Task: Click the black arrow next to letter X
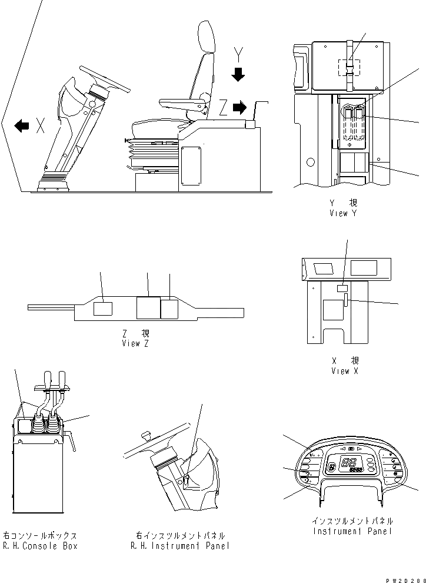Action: click(x=22, y=125)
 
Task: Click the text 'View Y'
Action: click(x=343, y=214)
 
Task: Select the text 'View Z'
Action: click(x=135, y=344)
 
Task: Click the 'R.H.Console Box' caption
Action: click(x=40, y=545)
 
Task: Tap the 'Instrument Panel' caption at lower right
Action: click(x=353, y=532)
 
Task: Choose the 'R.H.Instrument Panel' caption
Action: click(x=179, y=546)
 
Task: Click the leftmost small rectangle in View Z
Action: click(x=103, y=309)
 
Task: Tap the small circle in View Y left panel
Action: click(x=309, y=160)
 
